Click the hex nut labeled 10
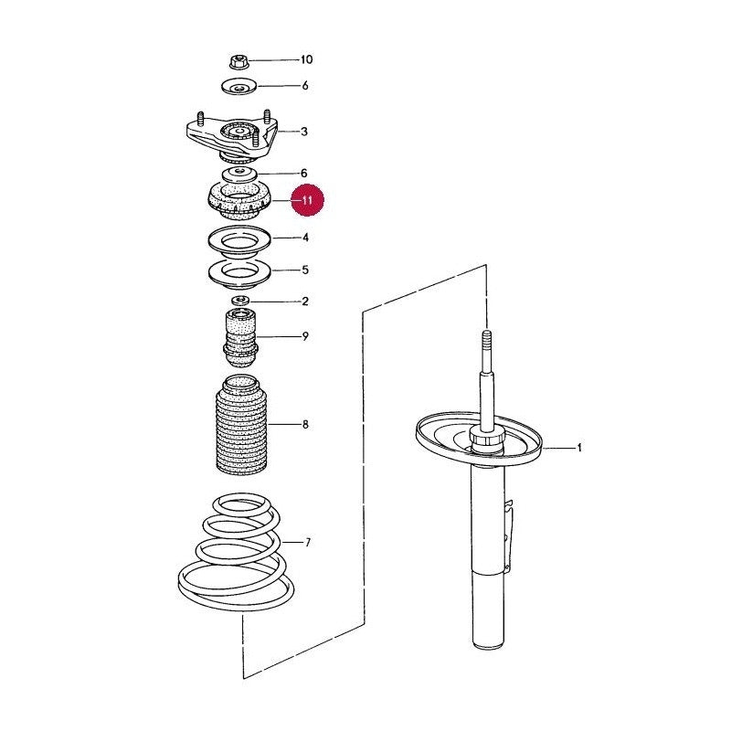pos(238,61)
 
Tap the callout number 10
pos(306,59)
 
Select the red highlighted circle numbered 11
pos(307,200)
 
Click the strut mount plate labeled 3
pos(232,136)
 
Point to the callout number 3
pos(304,132)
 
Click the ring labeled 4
pos(239,242)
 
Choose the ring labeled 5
pos(239,274)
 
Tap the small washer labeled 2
pos(240,300)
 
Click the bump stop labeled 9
pos(240,337)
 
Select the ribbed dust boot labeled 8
pos(241,425)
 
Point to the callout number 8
pos(305,424)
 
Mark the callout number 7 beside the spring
pos(307,542)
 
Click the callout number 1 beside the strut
pos(579,448)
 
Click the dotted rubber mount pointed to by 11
pos(238,200)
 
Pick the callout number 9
pos(305,336)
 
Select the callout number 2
pos(305,302)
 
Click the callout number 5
pos(305,270)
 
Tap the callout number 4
pos(305,238)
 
